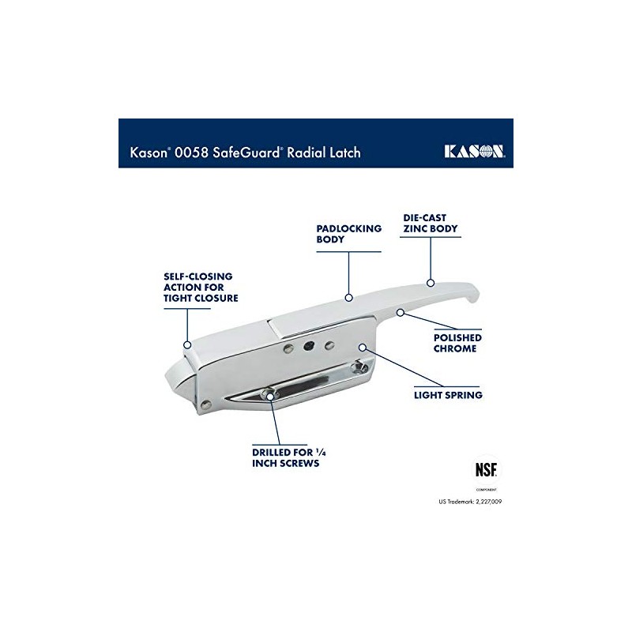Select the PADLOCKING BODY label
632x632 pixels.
pos(348,233)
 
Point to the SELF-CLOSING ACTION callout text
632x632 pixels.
pos(201,288)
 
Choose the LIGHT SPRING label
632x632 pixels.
pos(449,393)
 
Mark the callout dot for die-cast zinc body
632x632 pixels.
pos(430,281)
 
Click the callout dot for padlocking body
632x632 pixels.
pos(348,298)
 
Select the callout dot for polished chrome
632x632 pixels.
pos(401,313)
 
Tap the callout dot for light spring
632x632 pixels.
pos(361,347)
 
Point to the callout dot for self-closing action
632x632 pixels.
pos(187,344)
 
